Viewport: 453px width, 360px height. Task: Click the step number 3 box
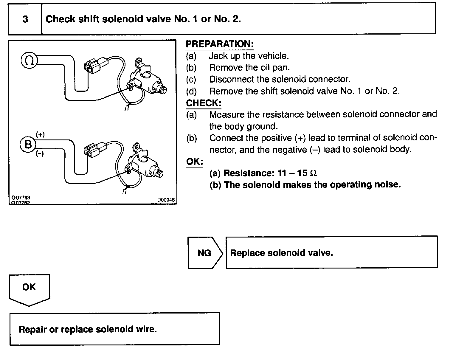coord(25,19)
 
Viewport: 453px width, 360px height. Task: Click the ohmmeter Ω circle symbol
coord(29,60)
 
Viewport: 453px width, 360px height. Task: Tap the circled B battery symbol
coord(28,145)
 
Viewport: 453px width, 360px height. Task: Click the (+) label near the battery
coord(40,135)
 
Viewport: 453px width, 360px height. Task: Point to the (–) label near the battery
coord(40,154)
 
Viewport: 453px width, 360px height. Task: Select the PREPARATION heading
coord(220,44)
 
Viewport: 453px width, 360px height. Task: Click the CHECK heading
coord(204,103)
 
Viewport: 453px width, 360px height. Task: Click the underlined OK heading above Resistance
coord(194,162)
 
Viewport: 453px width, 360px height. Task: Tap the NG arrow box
coord(204,253)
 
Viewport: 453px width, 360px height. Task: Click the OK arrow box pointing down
coord(29,288)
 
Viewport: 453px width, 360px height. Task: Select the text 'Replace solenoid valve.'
coord(281,253)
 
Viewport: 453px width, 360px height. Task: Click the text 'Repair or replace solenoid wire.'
coord(88,329)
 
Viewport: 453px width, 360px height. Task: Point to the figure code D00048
coord(166,200)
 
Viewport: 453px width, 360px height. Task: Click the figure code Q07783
coord(21,198)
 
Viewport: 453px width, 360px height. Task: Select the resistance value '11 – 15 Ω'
coord(297,173)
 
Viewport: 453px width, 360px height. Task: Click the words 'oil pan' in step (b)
coord(274,68)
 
